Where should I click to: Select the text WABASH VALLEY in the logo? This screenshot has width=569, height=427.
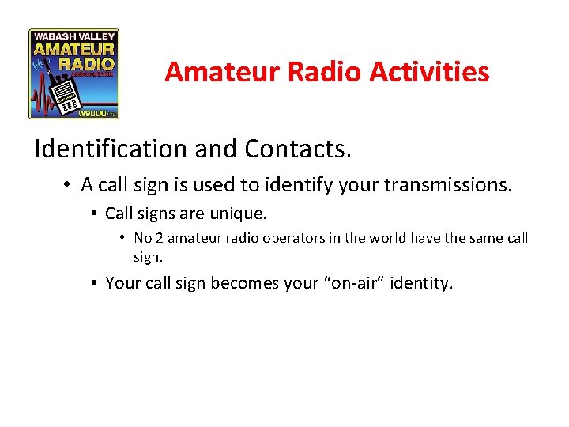coord(74,36)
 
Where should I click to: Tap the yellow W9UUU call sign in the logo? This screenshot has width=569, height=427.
coord(93,113)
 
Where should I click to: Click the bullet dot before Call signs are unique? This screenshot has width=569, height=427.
coord(94,213)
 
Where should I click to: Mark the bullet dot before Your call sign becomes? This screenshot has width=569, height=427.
coord(94,283)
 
